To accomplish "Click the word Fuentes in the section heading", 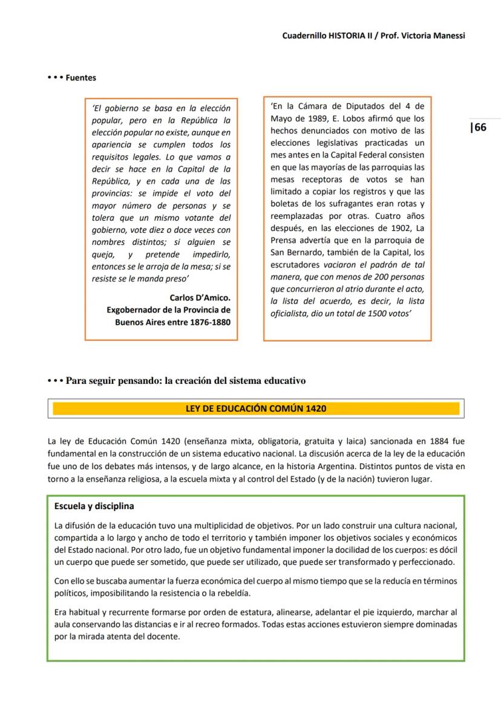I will [80, 77].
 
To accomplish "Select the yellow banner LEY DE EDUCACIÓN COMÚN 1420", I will [255, 409].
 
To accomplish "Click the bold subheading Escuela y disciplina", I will [94, 506].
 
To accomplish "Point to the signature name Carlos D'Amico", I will [200, 298].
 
